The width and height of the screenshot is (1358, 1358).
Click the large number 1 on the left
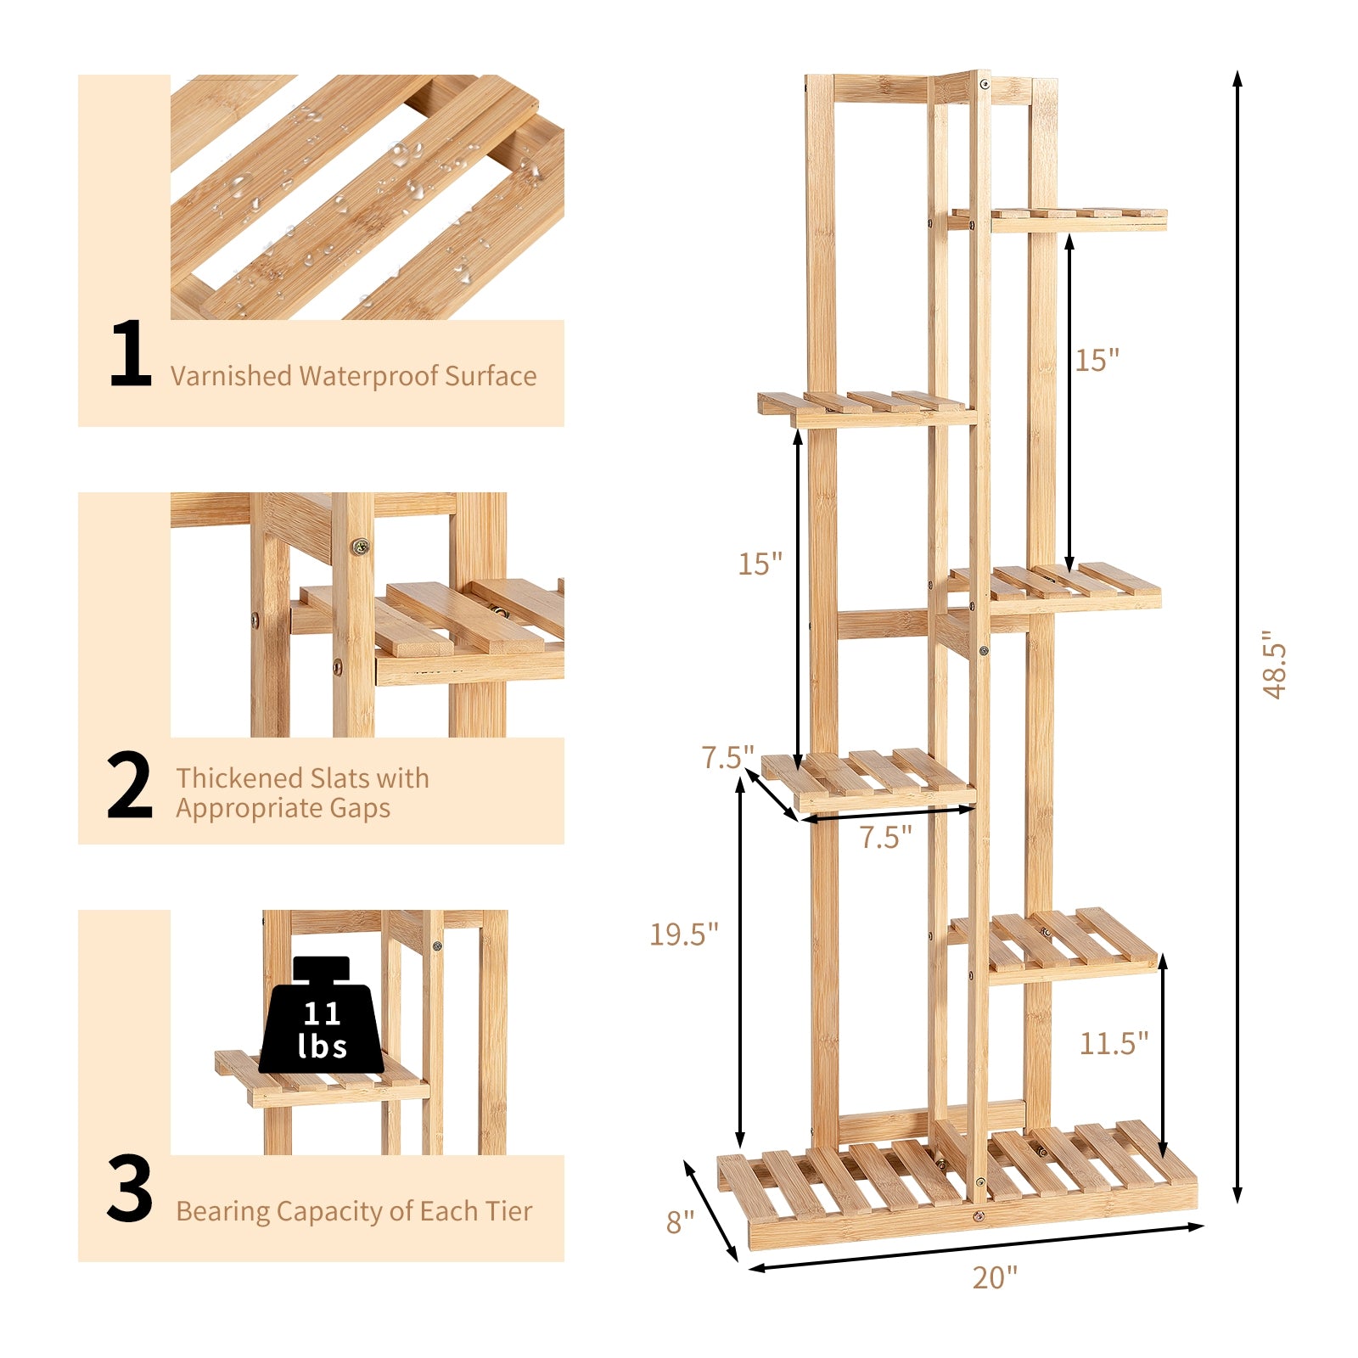click(131, 354)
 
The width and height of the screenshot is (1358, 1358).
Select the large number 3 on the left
click(130, 1188)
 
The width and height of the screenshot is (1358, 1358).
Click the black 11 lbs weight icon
click(321, 1018)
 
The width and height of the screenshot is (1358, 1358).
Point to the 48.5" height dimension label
click(1275, 665)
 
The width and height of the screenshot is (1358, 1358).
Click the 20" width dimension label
click(995, 1277)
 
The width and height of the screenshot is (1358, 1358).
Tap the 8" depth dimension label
click(680, 1222)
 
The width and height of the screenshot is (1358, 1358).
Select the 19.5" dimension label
click(684, 934)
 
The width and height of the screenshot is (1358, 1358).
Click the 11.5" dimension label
click(1114, 1042)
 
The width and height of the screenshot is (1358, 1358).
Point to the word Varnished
click(231, 376)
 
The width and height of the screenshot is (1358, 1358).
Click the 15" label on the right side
click(1097, 360)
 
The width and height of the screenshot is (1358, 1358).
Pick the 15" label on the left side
click(760, 564)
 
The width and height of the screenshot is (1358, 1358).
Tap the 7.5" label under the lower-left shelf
click(885, 838)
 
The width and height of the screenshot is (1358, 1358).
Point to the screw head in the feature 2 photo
click(362, 547)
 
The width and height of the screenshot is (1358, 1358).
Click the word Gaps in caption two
click(360, 808)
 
